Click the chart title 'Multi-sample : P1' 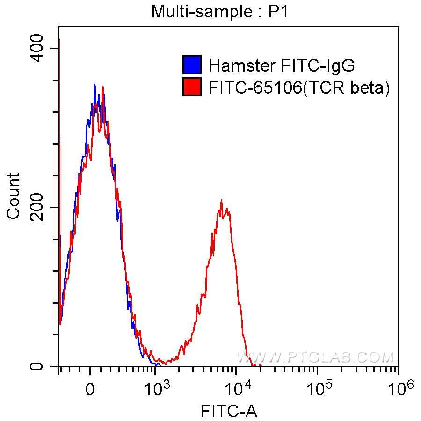pyautogui.click(x=220, y=11)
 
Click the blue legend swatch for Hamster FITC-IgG pyautogui.click(x=192, y=65)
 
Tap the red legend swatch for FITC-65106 pyautogui.click(x=192, y=87)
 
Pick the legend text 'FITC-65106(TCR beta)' pyautogui.click(x=299, y=87)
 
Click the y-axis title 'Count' pyautogui.click(x=14, y=196)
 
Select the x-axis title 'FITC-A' pyautogui.click(x=229, y=411)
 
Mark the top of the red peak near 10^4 pyautogui.click(x=221, y=201)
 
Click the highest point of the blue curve pyautogui.click(x=95, y=85)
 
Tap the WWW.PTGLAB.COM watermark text pyautogui.click(x=316, y=358)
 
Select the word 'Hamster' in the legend pyautogui.click(x=235, y=65)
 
